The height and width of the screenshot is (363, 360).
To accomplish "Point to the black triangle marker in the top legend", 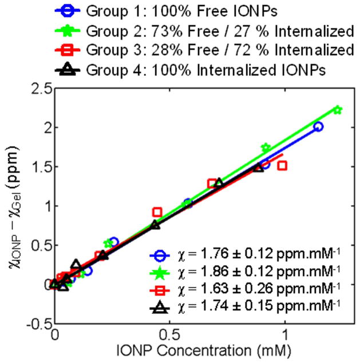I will (x=67, y=70).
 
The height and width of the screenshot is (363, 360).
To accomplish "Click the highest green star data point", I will (x=337, y=110).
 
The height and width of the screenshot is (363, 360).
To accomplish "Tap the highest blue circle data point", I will (x=318, y=126).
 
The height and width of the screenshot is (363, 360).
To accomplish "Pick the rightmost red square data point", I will (x=282, y=166).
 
